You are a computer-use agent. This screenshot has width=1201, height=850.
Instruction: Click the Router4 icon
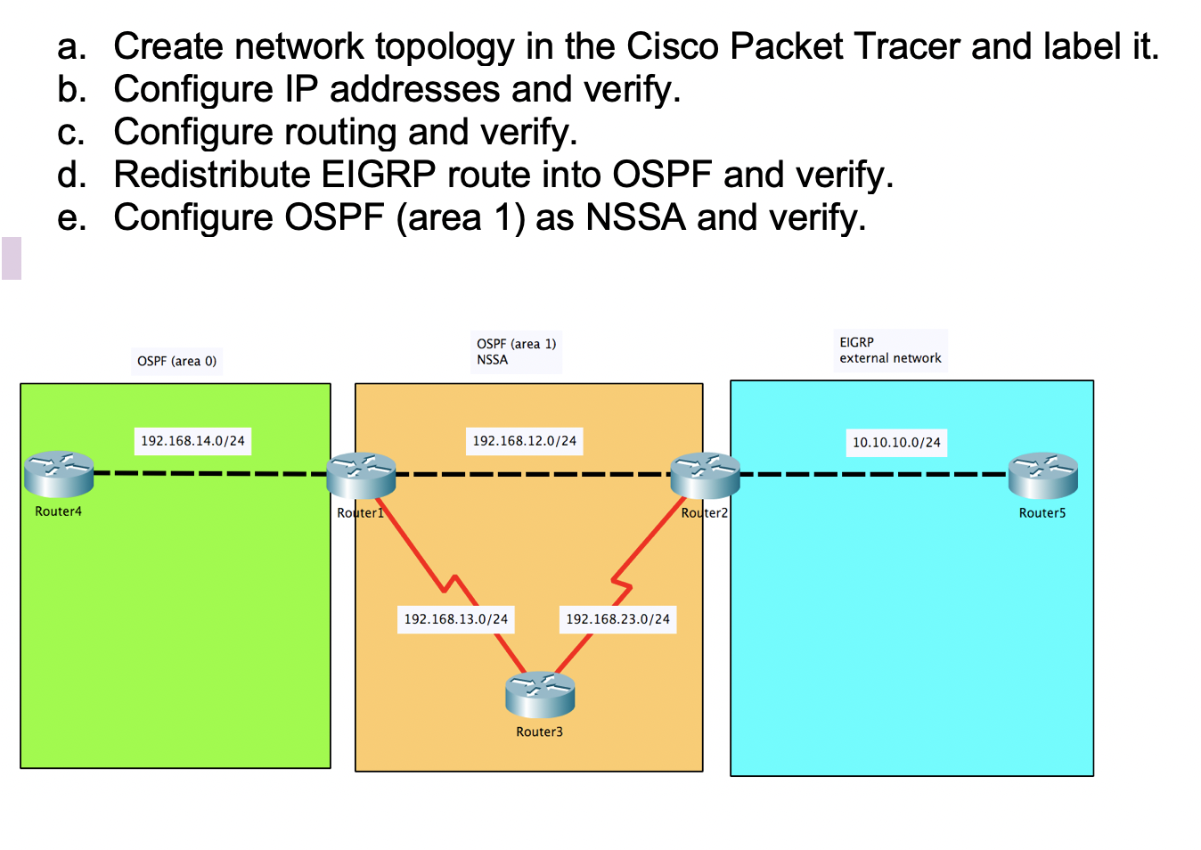(59, 474)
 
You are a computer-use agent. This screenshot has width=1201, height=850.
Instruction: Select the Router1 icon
(361, 475)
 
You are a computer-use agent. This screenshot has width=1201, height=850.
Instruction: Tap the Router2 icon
(705, 475)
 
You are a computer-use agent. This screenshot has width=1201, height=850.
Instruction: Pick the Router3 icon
(540, 695)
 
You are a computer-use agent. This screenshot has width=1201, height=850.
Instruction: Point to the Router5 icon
(1042, 476)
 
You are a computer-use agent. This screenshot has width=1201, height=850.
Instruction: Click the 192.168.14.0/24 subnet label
(192, 441)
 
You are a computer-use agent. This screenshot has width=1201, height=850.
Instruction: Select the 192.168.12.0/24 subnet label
(524, 441)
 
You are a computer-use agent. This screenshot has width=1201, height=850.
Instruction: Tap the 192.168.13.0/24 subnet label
(455, 619)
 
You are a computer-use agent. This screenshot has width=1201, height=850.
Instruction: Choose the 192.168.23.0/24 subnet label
(617, 619)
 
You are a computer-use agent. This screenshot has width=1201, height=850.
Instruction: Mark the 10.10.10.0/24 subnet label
(896, 442)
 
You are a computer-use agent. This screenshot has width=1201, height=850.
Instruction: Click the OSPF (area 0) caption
(176, 361)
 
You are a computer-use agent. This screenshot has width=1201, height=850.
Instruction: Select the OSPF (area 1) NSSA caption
(516, 352)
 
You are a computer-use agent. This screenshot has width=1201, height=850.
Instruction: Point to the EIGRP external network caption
(889, 350)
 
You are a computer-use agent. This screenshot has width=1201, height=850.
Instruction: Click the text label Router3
(539, 731)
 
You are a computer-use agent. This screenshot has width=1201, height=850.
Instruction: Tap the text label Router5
(1042, 513)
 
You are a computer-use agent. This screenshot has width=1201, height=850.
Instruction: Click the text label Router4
(58, 511)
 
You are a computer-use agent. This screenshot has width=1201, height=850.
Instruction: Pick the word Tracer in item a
(907, 46)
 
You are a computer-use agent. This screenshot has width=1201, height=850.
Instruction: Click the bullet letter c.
(70, 133)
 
